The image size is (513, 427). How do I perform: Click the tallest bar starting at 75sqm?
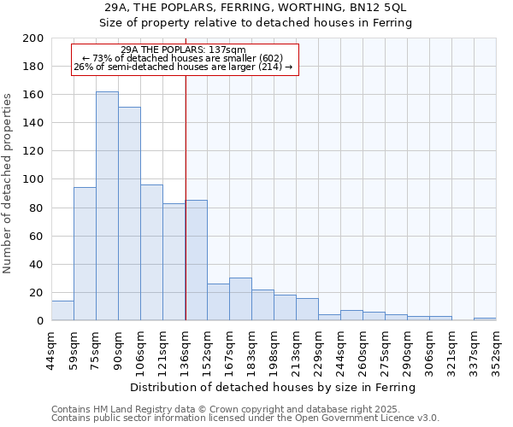coord(107,206)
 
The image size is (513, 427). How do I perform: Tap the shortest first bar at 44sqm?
coord(62,311)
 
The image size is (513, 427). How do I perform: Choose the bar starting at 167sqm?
coord(240,299)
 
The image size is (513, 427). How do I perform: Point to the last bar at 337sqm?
coord(485,319)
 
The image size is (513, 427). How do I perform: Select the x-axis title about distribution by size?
coord(273,387)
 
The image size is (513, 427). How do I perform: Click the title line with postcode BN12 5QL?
coord(255,8)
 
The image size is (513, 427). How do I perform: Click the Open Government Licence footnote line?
coord(245,418)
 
